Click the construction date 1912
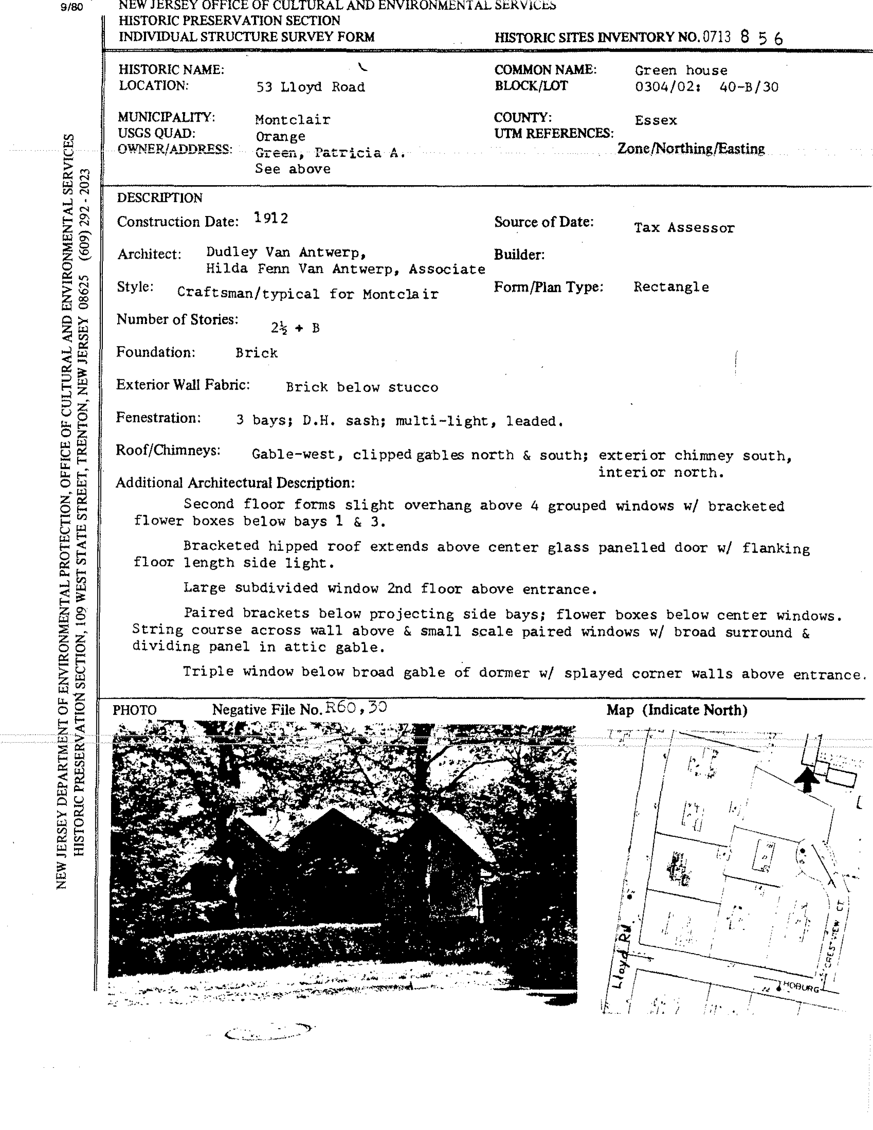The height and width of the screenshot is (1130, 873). click(271, 218)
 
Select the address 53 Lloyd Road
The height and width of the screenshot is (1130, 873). click(310, 87)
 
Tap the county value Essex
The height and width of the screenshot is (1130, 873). click(656, 121)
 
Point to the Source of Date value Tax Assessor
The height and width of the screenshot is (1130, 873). click(684, 228)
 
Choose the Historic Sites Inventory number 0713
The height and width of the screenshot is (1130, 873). click(716, 37)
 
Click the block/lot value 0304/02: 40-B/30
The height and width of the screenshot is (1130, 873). click(706, 87)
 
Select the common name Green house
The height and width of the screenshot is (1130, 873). click(681, 70)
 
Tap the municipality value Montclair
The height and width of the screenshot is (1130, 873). click(292, 120)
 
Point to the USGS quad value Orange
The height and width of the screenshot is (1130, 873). click(280, 136)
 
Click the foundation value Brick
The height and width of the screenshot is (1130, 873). click(256, 353)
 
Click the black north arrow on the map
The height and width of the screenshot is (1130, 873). click(806, 779)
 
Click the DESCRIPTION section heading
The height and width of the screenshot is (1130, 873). click(159, 198)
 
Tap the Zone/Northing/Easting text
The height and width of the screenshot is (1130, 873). click(691, 149)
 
